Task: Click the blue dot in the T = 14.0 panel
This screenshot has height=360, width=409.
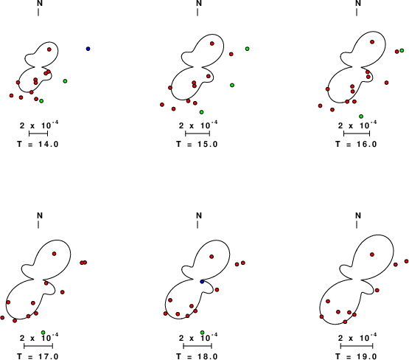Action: pos(88,49)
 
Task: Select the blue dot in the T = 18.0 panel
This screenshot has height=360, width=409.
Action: pos(202,282)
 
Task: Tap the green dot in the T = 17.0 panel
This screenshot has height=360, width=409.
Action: pos(43,332)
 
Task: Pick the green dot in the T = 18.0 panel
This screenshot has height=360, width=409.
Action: pos(202,332)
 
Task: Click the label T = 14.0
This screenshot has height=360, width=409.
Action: pos(38,144)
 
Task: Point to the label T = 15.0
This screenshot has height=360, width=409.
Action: pos(197,144)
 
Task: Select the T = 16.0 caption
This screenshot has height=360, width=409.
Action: pos(356,144)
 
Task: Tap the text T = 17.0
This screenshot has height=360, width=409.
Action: pos(38,356)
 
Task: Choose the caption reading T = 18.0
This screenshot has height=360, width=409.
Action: pos(197,356)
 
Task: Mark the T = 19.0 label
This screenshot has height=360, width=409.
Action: pos(356,356)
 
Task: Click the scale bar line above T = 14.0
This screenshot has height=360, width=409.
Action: pos(38,134)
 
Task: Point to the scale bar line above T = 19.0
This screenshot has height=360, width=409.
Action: pos(357,346)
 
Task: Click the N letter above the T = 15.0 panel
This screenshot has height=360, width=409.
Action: pos(199,3)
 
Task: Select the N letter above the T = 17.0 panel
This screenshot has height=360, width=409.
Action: pos(40,215)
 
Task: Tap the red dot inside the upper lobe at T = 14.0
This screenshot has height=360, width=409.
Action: pos(49,49)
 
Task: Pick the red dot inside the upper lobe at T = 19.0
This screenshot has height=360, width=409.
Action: pos(372,255)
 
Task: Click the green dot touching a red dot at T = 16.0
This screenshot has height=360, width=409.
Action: pos(402,50)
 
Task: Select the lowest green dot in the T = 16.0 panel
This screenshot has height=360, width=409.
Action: pos(361,116)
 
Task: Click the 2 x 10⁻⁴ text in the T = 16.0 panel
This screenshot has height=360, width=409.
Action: pos(357,125)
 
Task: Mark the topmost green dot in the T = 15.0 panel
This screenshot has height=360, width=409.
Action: pos(248,49)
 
